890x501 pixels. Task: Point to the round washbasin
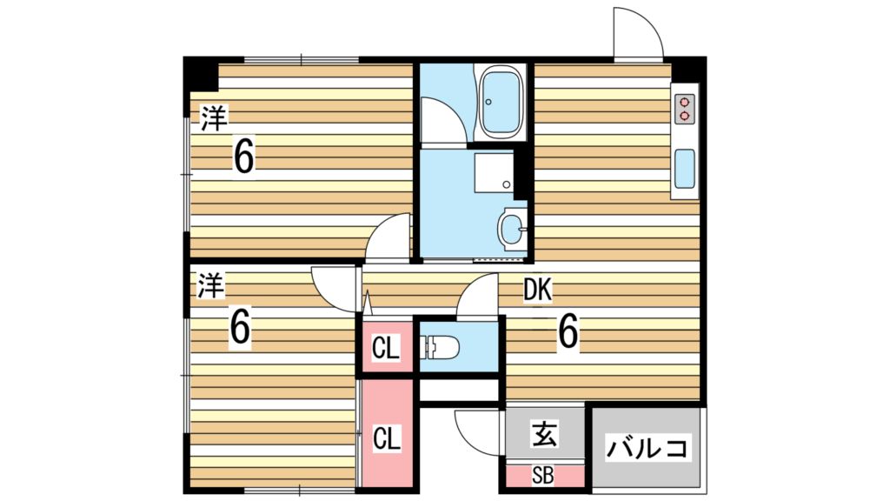pos(512,230)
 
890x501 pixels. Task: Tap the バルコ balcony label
pos(648,449)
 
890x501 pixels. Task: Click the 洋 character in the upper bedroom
pos(211,118)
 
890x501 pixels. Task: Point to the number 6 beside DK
pos(568,331)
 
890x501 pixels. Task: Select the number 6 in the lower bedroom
pos(241,328)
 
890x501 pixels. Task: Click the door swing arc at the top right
pos(637,32)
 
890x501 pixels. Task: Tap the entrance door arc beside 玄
pos(476,431)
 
